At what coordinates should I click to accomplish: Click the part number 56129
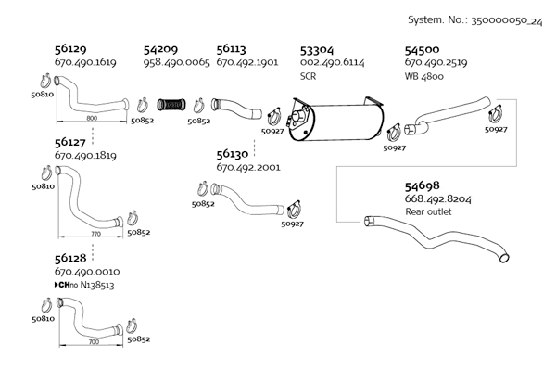(71, 49)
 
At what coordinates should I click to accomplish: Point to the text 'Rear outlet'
(428, 211)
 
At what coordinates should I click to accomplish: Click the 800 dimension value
(91, 119)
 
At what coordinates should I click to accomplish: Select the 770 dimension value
(95, 234)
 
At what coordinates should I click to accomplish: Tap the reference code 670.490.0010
(86, 271)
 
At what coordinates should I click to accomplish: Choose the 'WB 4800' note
(424, 76)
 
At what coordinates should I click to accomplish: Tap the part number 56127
(71, 143)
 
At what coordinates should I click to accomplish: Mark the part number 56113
(233, 49)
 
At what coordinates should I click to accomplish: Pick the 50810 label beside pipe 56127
(43, 186)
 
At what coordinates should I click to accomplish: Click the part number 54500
(423, 49)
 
